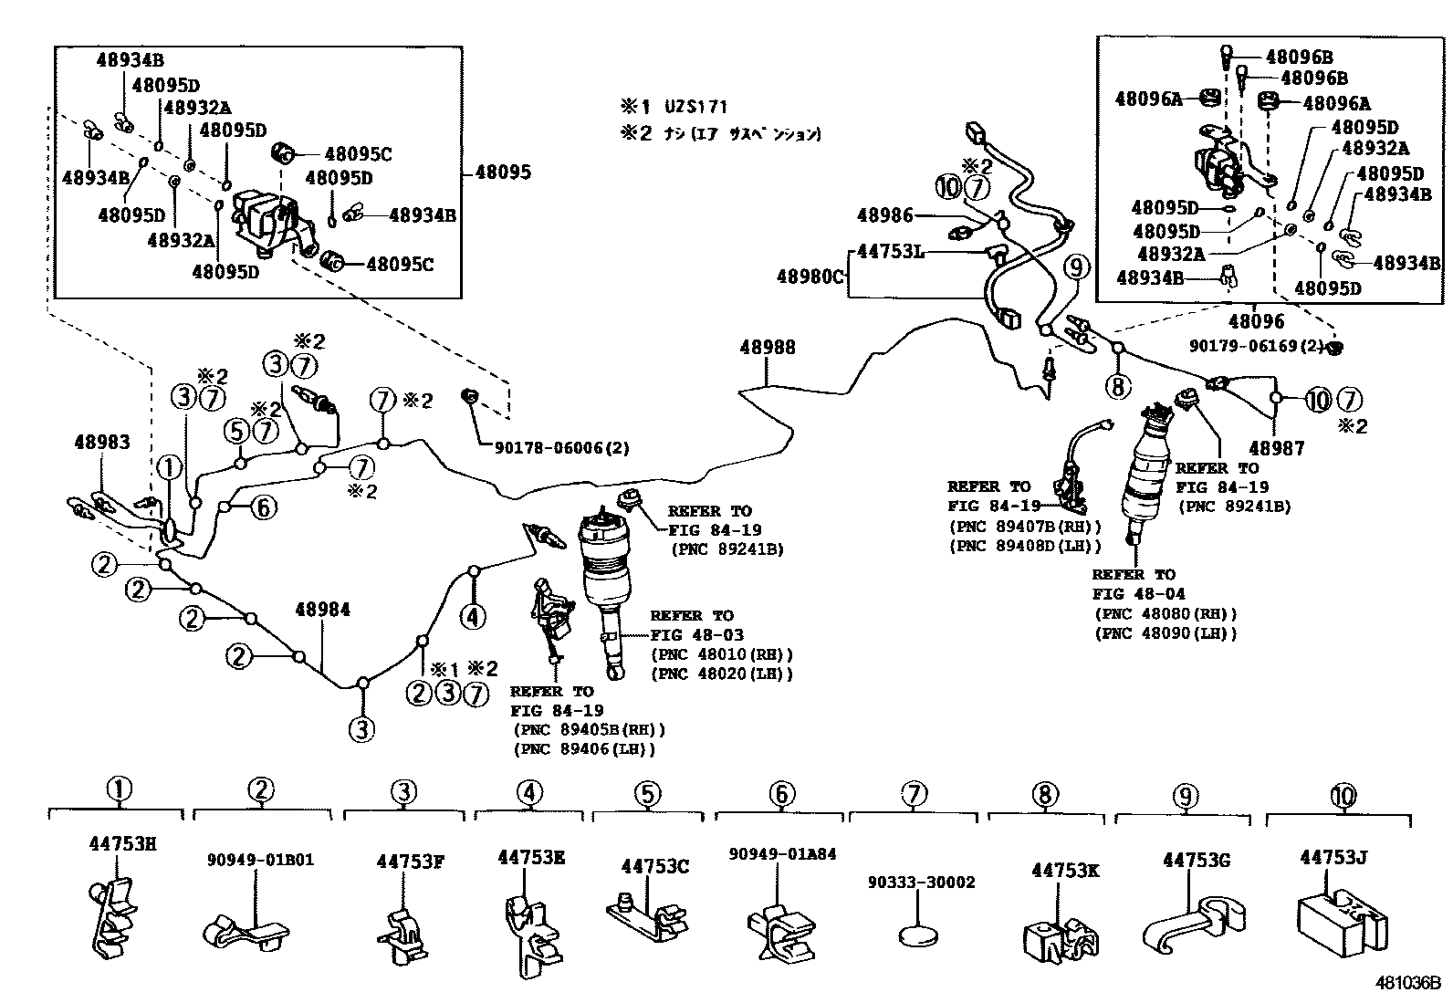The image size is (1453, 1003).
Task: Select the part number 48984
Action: [x=322, y=610]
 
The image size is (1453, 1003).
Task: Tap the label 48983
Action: [x=101, y=443]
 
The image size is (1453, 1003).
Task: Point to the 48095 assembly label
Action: [x=503, y=172]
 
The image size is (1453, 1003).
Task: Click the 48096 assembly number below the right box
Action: [x=1256, y=321]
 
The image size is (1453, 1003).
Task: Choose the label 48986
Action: [x=884, y=215]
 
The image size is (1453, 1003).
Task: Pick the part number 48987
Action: [x=1277, y=448]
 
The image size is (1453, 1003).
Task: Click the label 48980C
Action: [x=810, y=276]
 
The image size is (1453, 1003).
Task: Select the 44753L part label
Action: [x=889, y=251]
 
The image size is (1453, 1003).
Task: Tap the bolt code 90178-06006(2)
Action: [x=561, y=448]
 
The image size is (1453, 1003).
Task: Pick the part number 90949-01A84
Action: [x=782, y=854]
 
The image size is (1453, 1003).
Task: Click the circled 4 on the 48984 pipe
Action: [x=472, y=617]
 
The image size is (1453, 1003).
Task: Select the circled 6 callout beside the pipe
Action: [x=263, y=507]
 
